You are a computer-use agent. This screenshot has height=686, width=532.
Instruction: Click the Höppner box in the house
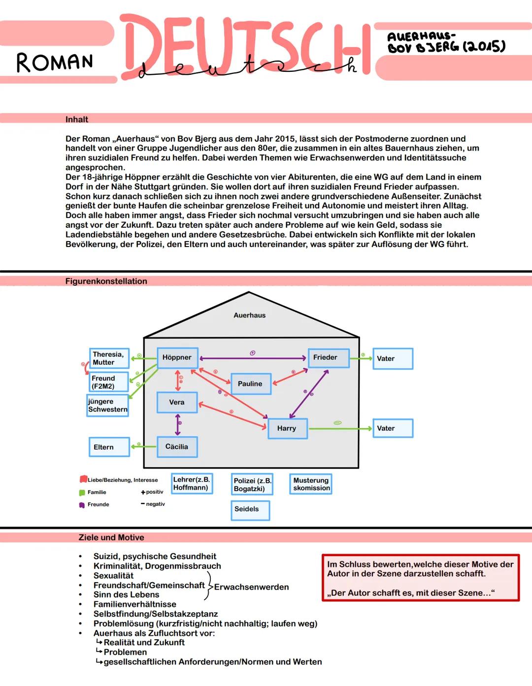(x=177, y=358)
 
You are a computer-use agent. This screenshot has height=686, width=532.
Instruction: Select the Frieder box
(x=329, y=358)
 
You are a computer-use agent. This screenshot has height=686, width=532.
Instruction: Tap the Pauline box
(x=251, y=383)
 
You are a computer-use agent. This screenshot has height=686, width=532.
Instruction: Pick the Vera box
(x=177, y=402)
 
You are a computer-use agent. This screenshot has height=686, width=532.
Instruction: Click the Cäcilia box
(x=177, y=447)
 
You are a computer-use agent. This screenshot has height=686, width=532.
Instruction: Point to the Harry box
(x=288, y=429)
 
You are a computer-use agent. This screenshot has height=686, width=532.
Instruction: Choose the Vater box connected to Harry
(x=393, y=428)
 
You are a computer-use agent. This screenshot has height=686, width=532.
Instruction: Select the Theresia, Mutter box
(x=109, y=358)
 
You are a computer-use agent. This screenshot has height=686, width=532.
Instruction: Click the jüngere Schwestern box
(x=108, y=405)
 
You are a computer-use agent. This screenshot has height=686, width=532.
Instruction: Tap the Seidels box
(x=250, y=510)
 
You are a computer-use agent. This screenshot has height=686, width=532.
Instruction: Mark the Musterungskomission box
(x=311, y=484)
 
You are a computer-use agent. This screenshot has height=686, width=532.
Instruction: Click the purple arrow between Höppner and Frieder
(x=253, y=358)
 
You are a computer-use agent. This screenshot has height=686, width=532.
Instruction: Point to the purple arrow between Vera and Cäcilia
(x=178, y=425)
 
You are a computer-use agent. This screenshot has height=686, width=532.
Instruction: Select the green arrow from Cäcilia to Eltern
(x=143, y=446)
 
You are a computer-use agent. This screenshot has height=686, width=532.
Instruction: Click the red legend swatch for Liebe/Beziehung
(x=83, y=479)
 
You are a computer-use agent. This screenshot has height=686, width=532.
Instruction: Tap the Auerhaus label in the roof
(x=250, y=315)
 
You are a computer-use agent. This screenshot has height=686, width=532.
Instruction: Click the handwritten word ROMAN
(x=55, y=62)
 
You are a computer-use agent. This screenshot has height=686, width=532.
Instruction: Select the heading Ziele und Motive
(x=111, y=537)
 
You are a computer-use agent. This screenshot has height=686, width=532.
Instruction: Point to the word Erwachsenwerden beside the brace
(x=251, y=587)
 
